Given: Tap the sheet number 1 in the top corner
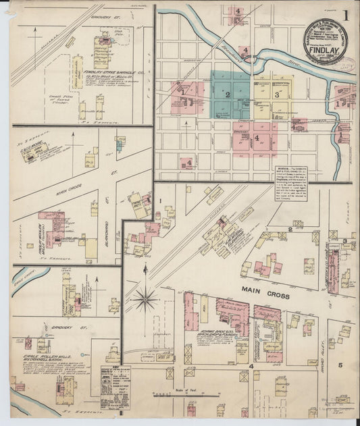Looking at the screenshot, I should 346,15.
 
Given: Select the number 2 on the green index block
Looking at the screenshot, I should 228,95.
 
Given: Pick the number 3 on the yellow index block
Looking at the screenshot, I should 276,95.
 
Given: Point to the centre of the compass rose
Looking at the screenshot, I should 145,297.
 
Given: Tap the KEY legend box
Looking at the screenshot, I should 115,385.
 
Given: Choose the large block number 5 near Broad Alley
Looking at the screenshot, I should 340,365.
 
